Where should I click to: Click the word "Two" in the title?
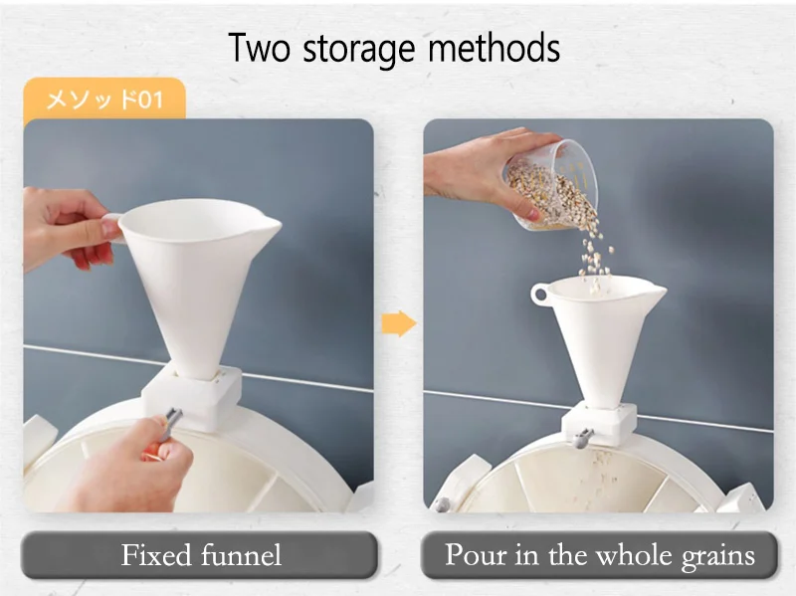[259, 47]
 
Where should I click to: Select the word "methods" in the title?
[494, 47]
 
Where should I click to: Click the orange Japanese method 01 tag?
[104, 99]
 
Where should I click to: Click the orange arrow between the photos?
[399, 323]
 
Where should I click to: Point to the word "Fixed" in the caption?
[154, 555]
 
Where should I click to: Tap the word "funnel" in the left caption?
[241, 555]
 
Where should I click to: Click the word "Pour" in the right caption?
[477, 554]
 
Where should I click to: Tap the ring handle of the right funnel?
[539, 295]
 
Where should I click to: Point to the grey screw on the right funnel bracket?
[581, 438]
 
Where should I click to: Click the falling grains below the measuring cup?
[594, 259]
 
